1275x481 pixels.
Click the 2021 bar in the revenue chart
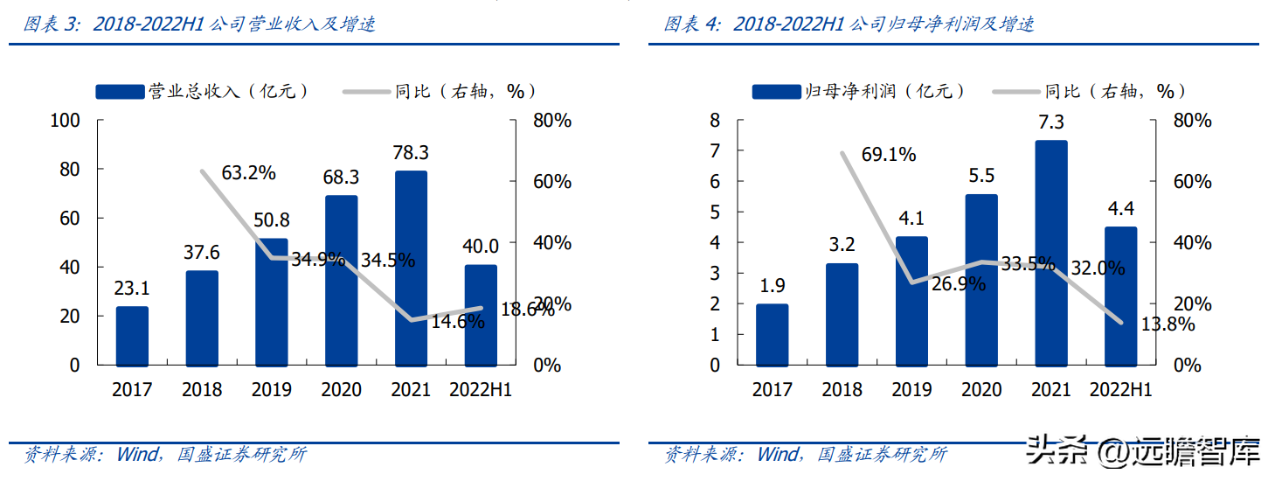[411, 268]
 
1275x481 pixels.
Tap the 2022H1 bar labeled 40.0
[481, 315]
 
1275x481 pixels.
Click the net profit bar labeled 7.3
[1051, 253]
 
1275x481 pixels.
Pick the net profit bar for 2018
[842, 314]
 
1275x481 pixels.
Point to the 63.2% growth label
[248, 172]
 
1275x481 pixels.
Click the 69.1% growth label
[889, 155]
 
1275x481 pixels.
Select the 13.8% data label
[1168, 324]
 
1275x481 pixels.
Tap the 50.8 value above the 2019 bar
[272, 221]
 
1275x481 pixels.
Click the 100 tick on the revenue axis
[66, 121]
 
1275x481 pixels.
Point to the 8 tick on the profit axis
[715, 121]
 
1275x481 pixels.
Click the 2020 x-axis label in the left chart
[341, 390]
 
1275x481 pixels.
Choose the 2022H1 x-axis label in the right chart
[1120, 390]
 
